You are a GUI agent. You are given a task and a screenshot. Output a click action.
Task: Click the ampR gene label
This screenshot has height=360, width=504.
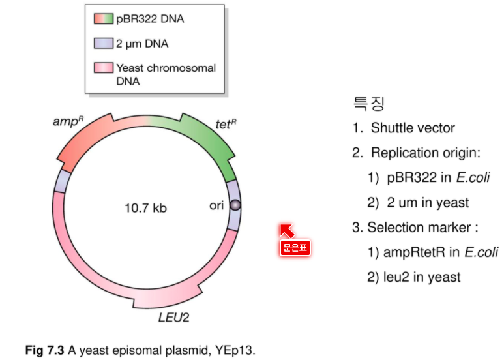pos(68,121)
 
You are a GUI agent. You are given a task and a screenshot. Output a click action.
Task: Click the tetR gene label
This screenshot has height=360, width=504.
pos(226,124)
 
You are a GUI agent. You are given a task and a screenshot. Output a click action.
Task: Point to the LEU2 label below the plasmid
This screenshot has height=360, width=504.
pos(174,318)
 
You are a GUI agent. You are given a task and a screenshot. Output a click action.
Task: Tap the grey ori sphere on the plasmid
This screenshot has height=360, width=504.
pos(235,205)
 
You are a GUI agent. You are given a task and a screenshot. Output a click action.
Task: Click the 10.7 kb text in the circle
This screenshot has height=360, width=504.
pos(145,208)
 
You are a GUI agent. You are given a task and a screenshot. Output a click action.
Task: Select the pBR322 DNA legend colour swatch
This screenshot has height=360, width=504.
pos(104,19)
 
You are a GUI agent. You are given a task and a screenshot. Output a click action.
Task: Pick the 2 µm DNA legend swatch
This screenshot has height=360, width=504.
pos(104,43)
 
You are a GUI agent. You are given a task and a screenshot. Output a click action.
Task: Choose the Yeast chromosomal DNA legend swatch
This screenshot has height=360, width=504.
pos(104,68)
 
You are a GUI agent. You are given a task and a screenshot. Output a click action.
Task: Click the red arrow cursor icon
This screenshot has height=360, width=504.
pos(287,231)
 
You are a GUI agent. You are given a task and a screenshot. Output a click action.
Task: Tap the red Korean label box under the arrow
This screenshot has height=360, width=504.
pos(295,248)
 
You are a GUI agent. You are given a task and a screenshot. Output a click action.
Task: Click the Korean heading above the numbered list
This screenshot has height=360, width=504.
pos(368,104)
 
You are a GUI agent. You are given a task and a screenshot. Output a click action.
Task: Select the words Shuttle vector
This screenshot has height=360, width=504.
pos(413,128)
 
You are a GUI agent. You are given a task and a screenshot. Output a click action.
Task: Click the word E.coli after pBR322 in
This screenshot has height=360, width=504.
pos(473,177)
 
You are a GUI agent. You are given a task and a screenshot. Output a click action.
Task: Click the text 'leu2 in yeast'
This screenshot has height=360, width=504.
pos(422,277)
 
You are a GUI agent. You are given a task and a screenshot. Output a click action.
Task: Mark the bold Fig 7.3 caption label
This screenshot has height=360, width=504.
pos(45,350)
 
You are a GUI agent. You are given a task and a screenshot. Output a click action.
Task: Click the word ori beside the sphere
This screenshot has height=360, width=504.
pos(216,205)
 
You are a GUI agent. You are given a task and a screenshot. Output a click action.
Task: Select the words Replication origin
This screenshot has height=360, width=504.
pos(426,153)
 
